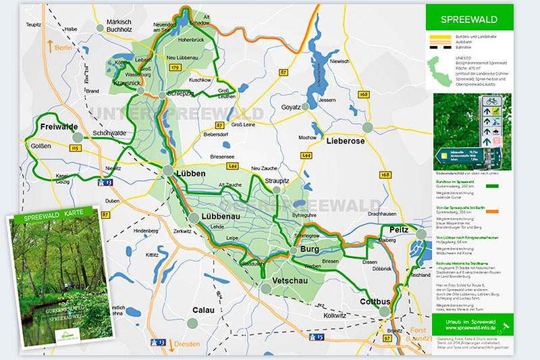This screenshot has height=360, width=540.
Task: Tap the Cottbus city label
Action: tap(376, 301)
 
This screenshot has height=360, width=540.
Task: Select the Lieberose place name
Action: tap(345, 141)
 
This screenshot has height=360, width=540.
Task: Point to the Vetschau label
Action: tap(291, 280)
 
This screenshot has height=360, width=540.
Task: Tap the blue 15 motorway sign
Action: tap(319, 336)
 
